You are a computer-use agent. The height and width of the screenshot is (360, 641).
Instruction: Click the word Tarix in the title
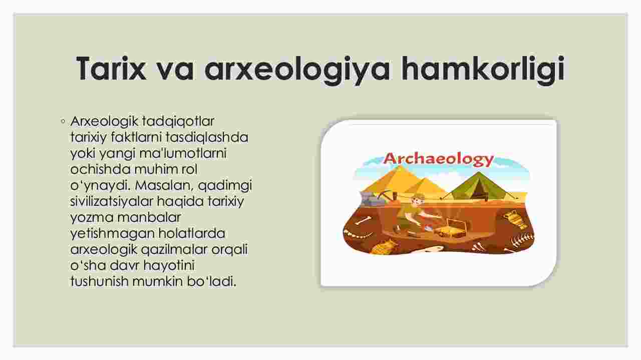tap(111, 68)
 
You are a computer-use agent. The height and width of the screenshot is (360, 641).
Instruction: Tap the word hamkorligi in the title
tap(483, 71)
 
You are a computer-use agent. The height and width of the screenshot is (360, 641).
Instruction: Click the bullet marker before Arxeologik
tap(63, 121)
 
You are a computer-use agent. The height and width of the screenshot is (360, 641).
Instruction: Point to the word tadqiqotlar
tap(178, 121)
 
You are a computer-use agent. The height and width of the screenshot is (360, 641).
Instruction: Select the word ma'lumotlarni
tap(183, 153)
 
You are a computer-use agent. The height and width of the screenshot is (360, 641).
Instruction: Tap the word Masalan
tap(165, 186)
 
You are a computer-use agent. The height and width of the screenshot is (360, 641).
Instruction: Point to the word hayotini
tap(169, 266)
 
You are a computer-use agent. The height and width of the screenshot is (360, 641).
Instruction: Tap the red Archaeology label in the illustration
tap(439, 159)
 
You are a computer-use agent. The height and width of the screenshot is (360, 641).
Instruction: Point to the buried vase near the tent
tap(515, 219)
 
